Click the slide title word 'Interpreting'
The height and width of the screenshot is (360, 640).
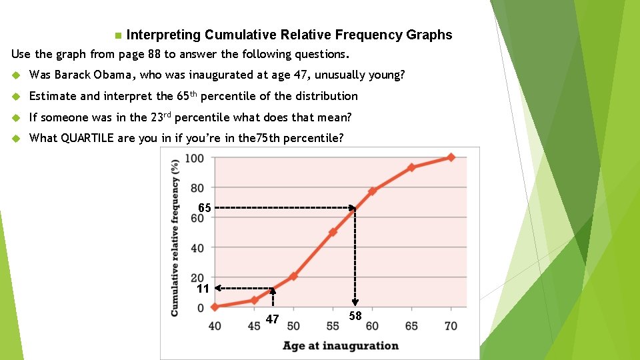pos(163,35)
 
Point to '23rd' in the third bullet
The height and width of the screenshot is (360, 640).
pos(163,117)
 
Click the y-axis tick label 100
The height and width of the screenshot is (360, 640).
pos(194,158)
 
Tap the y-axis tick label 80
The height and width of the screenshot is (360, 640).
pos(197,188)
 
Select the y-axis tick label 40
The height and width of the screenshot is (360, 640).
pos(197,248)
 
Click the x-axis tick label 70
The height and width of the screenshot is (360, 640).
pos(451,326)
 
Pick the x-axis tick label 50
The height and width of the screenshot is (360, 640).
pos(293,326)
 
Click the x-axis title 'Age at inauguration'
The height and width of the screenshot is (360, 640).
pos(340,345)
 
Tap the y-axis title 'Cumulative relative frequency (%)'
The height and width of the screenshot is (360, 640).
pos(175,237)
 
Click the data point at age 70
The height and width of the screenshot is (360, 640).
pos(451,157)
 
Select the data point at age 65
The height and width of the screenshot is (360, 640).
pos(411,167)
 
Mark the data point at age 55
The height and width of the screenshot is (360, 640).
pos(333,232)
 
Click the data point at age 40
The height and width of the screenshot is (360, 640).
pos(215,307)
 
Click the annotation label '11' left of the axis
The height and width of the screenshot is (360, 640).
pos(203,289)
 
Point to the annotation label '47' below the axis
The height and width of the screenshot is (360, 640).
pos(272,319)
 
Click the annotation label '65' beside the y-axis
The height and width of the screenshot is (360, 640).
pos(205,208)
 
